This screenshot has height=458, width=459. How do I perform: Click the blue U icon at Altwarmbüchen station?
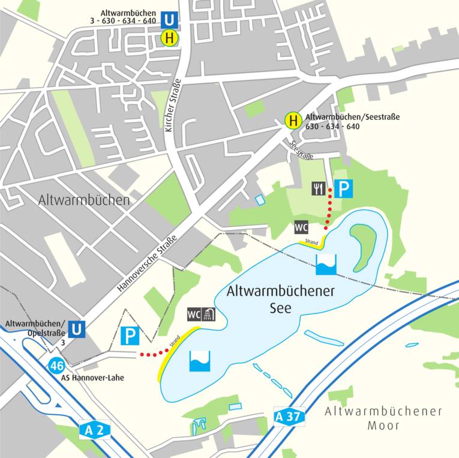click(170, 20)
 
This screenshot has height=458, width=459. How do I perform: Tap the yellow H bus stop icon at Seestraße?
click(293, 121)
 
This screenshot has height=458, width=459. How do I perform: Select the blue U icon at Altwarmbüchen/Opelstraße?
click(76, 329)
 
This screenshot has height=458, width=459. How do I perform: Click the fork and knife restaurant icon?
click(318, 189)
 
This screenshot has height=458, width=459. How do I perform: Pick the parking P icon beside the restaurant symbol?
click(343, 189)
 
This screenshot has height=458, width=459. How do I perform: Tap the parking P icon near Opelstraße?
click(130, 336)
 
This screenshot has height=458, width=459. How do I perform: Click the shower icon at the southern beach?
click(208, 314)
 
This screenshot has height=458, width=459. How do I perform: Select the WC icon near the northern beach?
click(301, 227)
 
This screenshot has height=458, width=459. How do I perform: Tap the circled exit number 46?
click(57, 365)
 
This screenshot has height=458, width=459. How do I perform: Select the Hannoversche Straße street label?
click(147, 263)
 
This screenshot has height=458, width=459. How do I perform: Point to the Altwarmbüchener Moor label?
click(383, 418)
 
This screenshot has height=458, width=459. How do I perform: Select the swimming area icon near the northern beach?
click(326, 264)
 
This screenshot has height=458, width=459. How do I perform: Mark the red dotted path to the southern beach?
click(153, 353)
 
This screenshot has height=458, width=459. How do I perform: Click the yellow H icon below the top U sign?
click(170, 38)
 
